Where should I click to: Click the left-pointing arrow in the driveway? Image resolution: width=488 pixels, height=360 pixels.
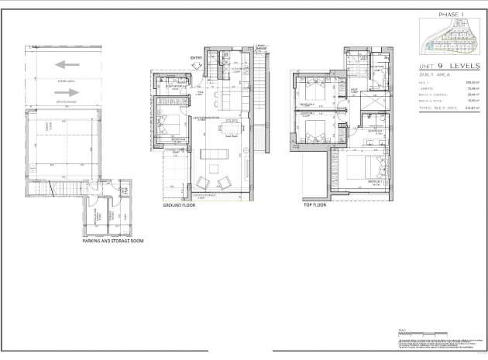click(68, 65)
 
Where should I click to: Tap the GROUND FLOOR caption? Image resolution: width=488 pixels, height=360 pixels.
click(180, 207)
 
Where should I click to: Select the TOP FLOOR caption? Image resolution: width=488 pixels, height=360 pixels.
click(314, 207)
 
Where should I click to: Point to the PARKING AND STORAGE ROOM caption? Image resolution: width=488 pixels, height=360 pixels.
click(112, 241)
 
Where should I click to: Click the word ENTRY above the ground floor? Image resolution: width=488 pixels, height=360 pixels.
click(196, 57)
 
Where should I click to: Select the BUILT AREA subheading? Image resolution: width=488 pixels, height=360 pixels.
click(434, 77)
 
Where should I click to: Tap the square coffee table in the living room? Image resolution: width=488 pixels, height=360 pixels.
click(219, 166)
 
